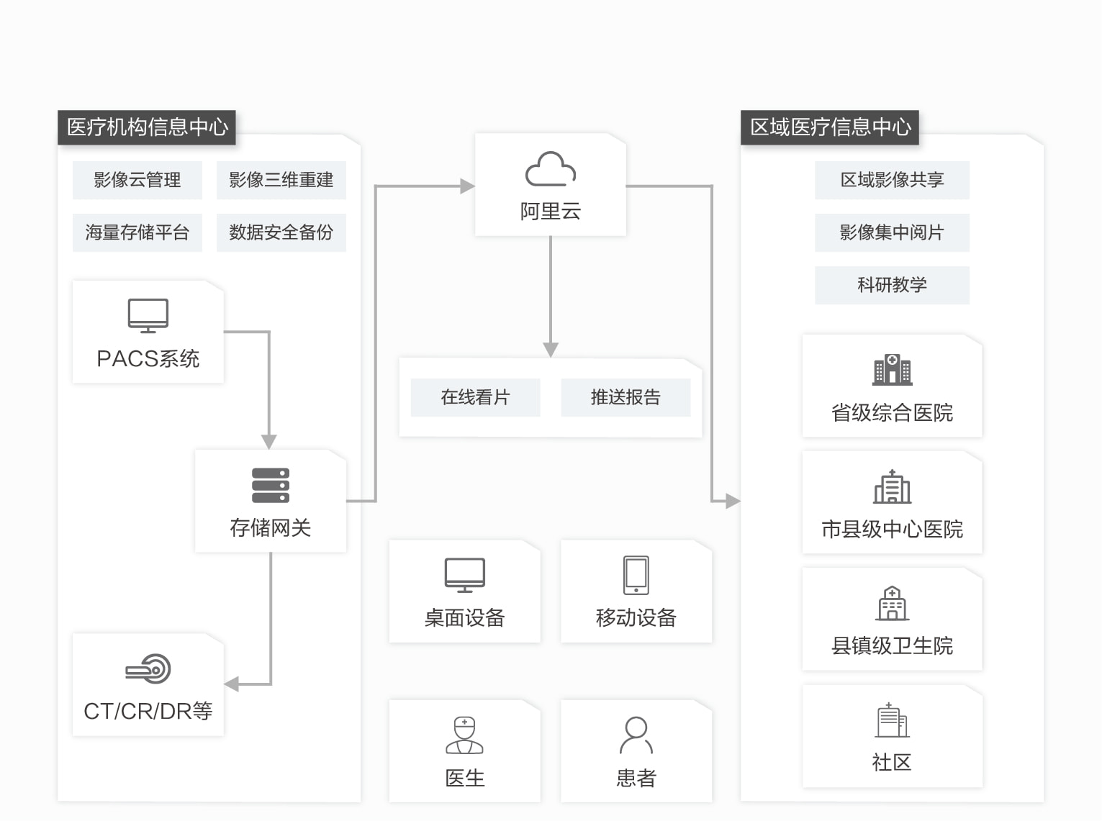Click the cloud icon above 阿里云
[550, 169]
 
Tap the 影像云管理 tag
[137, 180]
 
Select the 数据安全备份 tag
[281, 232]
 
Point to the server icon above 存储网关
[271, 486]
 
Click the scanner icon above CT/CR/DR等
[148, 669]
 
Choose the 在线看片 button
[475, 397]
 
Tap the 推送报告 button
[625, 397]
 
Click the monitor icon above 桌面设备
[464, 575]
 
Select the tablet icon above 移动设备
[636, 575]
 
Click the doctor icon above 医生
[464, 735]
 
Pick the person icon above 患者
[636, 735]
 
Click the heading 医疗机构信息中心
[147, 127]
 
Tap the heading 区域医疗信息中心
[830, 127]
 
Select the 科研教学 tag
[892, 285]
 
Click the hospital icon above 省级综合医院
[892, 369]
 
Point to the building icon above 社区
[892, 720]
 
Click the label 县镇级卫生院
[892, 645]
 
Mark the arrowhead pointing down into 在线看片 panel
[551, 350]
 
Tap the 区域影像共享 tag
[892, 180]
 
